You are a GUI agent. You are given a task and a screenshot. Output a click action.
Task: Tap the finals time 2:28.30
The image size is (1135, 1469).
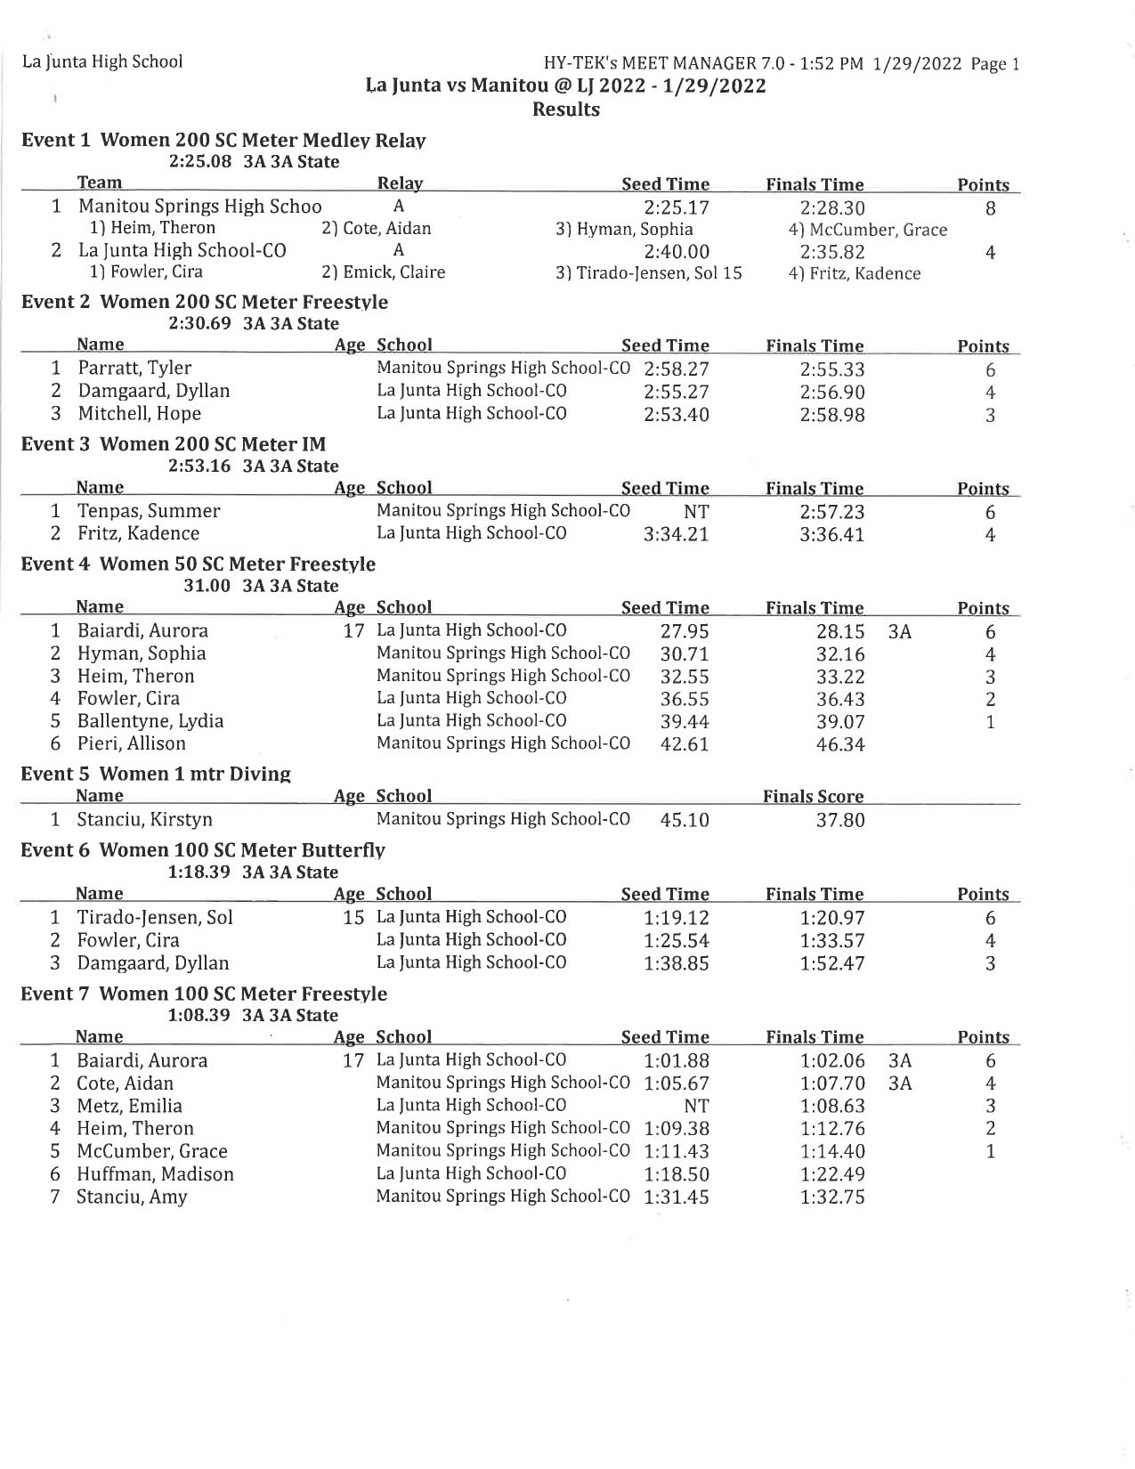click(x=831, y=208)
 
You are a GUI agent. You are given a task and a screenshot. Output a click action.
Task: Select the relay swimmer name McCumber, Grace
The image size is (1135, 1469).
click(x=868, y=231)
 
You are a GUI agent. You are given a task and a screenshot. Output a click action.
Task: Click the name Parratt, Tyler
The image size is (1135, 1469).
click(x=134, y=369)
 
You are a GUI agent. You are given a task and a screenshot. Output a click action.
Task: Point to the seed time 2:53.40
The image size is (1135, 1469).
click(x=676, y=414)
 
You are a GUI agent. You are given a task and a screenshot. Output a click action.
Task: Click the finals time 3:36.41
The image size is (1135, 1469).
click(x=831, y=535)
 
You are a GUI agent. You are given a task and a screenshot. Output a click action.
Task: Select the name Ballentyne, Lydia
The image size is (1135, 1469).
click(x=150, y=721)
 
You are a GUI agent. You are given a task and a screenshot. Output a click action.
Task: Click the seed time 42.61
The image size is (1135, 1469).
click(x=684, y=744)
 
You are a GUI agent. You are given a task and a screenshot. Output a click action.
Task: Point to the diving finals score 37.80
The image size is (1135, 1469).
click(x=839, y=820)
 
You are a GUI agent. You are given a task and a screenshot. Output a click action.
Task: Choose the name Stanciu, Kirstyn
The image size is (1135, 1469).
click(x=144, y=820)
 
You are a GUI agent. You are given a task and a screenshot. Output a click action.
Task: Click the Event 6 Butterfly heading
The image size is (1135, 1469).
click(x=203, y=850)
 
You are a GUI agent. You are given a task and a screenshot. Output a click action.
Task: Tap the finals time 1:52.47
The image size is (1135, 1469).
click(x=831, y=963)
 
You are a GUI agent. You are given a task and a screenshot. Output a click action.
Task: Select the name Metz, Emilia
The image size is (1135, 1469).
click(x=129, y=1107)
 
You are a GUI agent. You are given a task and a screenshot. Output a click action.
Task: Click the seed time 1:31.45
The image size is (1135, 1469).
click(x=676, y=1197)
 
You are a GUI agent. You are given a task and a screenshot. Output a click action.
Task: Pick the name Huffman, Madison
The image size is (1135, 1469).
click(x=155, y=1174)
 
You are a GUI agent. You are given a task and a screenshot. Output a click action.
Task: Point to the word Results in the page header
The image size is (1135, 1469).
click(x=565, y=110)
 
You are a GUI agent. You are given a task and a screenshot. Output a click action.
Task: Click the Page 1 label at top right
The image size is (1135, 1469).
click(x=995, y=64)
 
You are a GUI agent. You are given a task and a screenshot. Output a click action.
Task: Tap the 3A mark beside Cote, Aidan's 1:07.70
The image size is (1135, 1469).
click(x=900, y=1083)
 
